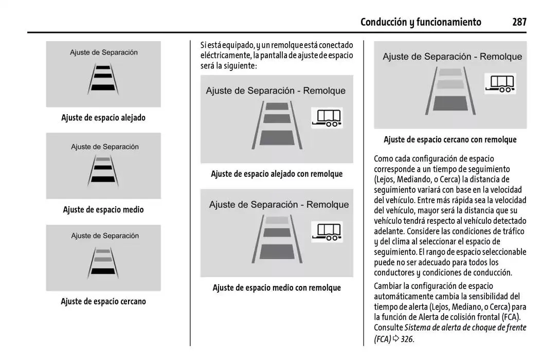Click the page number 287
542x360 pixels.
pos(519,22)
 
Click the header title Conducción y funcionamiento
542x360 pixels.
pos(421,22)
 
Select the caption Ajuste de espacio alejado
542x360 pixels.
pos(103,118)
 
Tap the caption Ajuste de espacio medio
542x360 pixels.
pos(103,210)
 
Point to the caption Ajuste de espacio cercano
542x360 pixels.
pos(103,301)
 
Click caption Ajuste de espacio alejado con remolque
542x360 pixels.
pos(277,174)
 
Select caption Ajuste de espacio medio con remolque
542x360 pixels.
pos(277,288)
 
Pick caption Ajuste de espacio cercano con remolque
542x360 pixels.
pos(450,139)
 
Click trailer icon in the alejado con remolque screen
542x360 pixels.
pos(327,118)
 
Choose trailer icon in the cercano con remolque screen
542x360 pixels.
pos(500,83)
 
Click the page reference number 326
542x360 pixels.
pos(407,339)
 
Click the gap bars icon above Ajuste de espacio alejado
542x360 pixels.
pos(103,78)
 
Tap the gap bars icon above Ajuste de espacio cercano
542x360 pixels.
pos(103,262)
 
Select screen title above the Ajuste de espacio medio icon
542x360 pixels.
pos(104,147)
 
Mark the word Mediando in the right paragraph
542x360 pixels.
pos(414,179)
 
